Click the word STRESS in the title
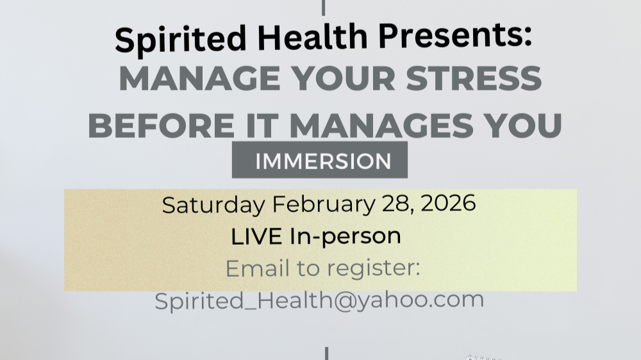tap(475, 79)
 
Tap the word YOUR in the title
tap(340, 79)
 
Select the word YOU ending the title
tap(528, 125)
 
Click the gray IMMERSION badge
tap(320, 160)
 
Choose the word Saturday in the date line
tap(212, 205)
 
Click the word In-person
tap(345, 236)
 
